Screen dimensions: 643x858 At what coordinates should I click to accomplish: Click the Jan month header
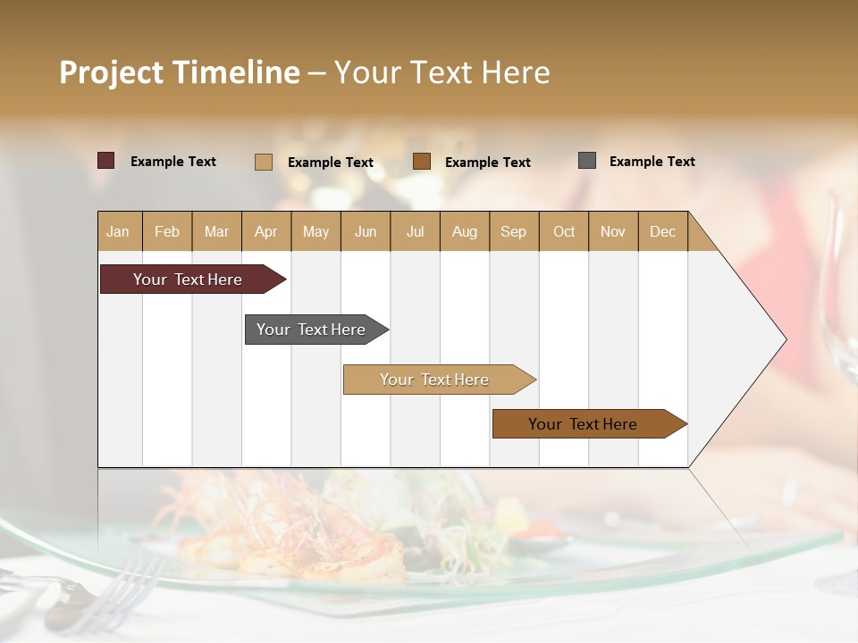click(118, 231)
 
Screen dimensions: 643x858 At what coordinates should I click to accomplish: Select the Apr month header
click(265, 231)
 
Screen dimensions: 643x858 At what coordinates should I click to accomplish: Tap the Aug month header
click(464, 231)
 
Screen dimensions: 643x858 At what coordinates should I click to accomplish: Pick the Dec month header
click(662, 231)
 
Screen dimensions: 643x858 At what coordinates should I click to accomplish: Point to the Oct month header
click(563, 231)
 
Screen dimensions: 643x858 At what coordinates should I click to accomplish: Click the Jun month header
click(365, 231)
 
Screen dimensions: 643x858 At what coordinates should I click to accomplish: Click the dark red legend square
click(105, 161)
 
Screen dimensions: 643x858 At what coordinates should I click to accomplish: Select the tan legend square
click(263, 162)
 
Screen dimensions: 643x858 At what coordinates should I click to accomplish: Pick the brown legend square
click(421, 162)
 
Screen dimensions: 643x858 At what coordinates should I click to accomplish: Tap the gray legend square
click(586, 161)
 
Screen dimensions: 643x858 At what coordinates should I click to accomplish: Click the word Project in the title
click(112, 72)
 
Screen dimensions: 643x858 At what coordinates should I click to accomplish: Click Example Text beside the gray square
click(652, 162)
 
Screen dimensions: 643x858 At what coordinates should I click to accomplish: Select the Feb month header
click(167, 231)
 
